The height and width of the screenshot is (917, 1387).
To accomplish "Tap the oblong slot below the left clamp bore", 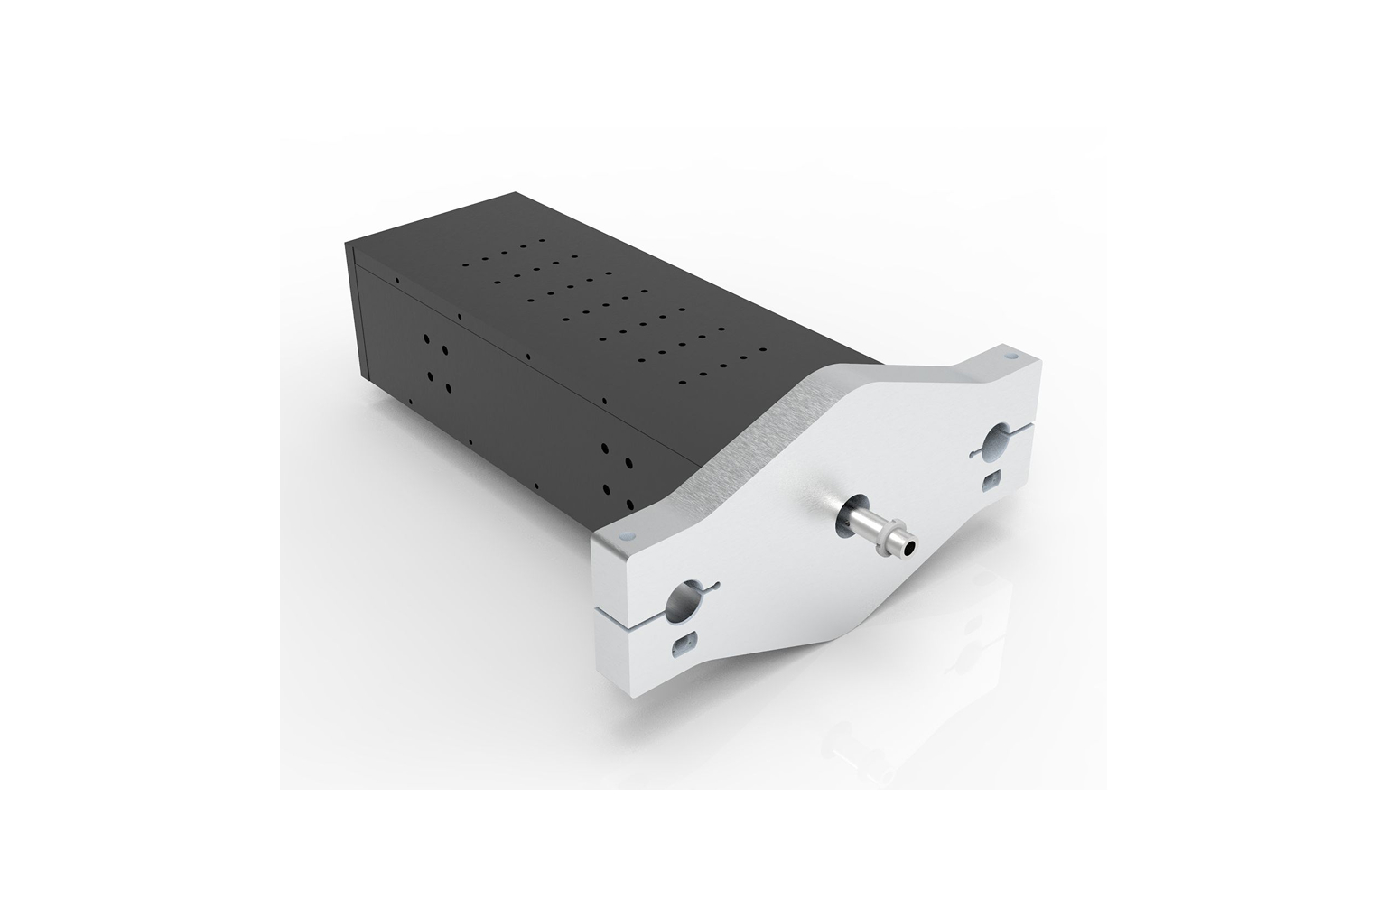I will pyautogui.click(x=684, y=644).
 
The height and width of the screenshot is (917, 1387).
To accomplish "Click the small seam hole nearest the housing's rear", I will pyautogui.click(x=396, y=281).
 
